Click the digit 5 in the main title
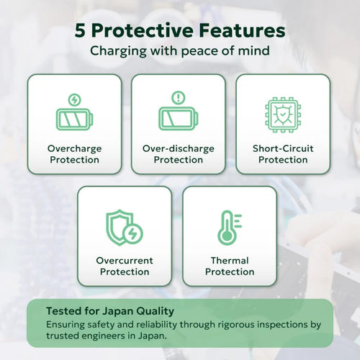(80, 30)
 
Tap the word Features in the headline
(242, 30)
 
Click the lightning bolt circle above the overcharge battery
(74, 99)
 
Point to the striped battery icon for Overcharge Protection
(74, 119)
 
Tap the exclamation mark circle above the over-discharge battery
(179, 97)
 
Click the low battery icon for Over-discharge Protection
(179, 118)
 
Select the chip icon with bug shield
(283, 114)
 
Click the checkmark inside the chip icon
(283, 114)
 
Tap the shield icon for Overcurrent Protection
(120, 228)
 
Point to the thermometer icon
(230, 228)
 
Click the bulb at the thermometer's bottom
(227, 236)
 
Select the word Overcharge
(75, 149)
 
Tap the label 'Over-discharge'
(179, 149)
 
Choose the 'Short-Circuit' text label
(283, 148)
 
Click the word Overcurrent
(125, 261)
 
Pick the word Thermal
(230, 261)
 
